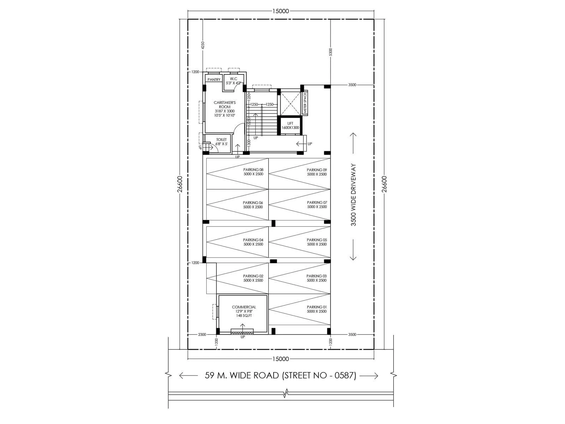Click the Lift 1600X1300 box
(290, 125)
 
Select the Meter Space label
(305, 103)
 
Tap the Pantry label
(214, 79)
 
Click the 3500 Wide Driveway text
(353, 195)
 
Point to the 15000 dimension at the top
(281, 11)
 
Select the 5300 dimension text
(331, 52)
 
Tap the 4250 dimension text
(203, 45)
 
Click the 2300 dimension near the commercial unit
(202, 334)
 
